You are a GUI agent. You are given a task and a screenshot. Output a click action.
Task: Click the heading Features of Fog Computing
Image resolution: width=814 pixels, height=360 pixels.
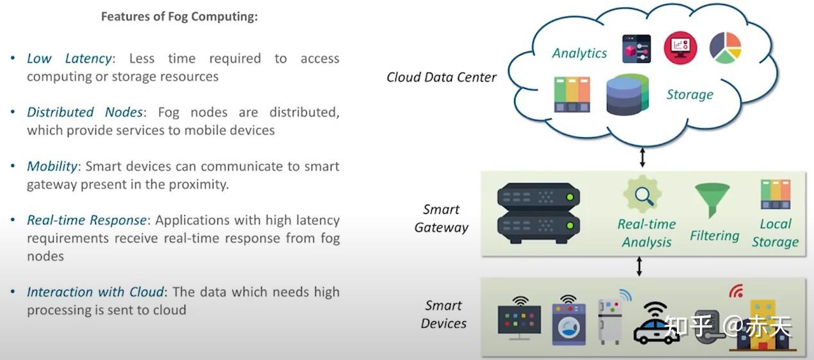click(x=179, y=17)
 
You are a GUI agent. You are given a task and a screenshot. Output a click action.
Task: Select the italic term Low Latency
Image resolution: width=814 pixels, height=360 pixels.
click(x=69, y=58)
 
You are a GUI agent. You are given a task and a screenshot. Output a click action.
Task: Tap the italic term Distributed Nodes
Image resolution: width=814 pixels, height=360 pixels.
click(x=85, y=112)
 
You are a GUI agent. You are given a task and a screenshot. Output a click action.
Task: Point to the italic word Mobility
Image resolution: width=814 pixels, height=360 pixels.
click(x=52, y=166)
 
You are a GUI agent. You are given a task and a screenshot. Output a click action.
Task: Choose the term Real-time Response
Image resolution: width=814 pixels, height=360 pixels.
click(x=87, y=220)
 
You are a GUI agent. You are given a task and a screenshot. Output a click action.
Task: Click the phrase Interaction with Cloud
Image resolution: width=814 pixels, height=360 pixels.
click(x=95, y=291)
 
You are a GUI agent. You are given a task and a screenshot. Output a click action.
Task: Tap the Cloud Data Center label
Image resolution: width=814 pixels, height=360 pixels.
click(x=441, y=78)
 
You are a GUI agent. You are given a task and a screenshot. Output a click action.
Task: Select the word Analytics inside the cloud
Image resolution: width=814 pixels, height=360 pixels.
click(x=579, y=53)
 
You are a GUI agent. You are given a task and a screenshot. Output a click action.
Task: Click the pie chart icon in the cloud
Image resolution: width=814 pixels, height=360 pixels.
click(x=725, y=48)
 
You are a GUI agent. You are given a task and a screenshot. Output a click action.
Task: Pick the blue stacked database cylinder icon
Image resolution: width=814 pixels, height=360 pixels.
click(x=627, y=95)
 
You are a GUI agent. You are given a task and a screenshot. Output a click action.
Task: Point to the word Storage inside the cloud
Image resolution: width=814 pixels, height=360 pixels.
click(x=690, y=95)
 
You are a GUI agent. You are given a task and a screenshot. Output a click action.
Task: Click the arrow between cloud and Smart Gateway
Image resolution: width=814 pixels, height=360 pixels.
click(x=642, y=156)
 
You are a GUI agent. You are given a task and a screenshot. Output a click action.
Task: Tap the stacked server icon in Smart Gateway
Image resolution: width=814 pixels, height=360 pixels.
click(x=538, y=213)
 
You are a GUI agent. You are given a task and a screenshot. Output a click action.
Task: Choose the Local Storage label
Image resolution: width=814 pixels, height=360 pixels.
click(x=775, y=233)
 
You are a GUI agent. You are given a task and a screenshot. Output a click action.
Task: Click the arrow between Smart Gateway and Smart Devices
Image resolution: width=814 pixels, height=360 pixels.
click(x=639, y=266)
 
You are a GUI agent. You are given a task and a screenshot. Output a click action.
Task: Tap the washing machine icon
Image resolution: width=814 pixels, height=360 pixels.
click(x=567, y=323)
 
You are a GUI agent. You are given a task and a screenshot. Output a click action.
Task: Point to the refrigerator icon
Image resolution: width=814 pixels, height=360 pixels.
click(x=609, y=322)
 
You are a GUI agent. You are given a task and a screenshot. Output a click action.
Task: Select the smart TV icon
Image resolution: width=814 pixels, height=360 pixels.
click(x=519, y=318)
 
